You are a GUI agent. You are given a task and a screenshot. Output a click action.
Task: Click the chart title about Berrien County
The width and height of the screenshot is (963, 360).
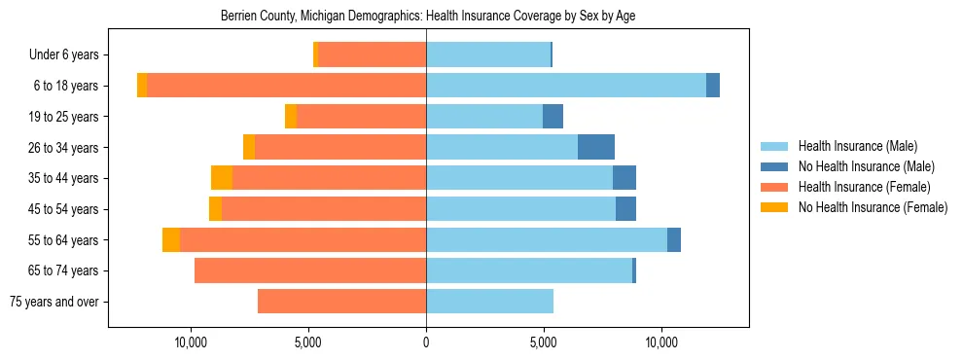[428, 17]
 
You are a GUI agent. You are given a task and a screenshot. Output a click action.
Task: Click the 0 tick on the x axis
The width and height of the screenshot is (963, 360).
[426, 343]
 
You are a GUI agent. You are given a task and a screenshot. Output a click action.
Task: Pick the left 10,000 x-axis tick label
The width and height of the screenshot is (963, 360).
[191, 343]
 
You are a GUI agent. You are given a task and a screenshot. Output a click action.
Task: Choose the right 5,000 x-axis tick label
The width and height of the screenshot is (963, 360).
[544, 343]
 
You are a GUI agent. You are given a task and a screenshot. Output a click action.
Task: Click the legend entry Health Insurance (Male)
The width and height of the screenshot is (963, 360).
[857, 146]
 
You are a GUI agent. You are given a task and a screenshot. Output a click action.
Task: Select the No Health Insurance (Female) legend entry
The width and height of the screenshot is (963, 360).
[873, 207]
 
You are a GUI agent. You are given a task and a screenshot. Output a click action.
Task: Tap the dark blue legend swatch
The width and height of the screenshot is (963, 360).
[774, 166]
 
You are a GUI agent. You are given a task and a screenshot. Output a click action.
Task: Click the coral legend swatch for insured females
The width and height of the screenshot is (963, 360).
[774, 187]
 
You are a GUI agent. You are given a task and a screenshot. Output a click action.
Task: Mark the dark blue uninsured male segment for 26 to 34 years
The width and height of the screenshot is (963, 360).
[596, 147]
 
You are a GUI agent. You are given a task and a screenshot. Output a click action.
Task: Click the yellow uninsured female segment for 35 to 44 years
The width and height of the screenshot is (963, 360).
[222, 178]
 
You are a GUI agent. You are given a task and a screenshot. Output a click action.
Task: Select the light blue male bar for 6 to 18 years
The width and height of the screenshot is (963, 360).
[566, 86]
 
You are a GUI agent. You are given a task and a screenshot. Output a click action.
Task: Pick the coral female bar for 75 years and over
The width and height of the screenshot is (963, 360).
[341, 302]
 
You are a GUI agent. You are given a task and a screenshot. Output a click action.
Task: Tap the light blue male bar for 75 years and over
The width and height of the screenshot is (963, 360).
[489, 302]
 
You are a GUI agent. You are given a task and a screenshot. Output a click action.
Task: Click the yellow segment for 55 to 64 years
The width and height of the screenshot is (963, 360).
[171, 239]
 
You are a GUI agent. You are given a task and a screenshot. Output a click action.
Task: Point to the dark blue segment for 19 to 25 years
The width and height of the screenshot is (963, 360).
[553, 117]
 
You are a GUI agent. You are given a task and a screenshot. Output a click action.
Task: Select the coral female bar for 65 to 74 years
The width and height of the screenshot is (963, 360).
[310, 270]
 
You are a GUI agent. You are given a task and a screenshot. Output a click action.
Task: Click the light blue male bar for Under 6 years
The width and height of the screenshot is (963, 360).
[488, 55]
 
